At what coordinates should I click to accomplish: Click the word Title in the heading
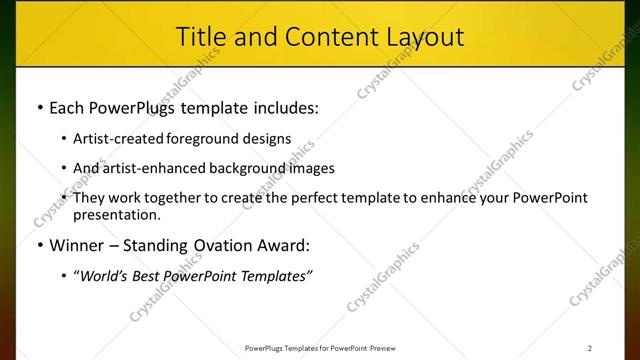(x=200, y=36)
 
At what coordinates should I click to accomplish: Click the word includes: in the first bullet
(x=283, y=106)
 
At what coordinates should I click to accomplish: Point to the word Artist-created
(x=120, y=139)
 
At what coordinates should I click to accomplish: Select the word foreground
(x=207, y=139)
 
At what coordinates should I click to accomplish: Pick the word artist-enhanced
(x=149, y=168)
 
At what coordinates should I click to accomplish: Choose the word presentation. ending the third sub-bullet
(x=116, y=214)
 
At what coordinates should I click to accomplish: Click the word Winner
(x=78, y=245)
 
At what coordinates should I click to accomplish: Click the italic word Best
(x=153, y=277)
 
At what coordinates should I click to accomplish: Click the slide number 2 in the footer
(x=590, y=348)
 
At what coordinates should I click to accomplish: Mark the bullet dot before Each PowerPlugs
(x=39, y=107)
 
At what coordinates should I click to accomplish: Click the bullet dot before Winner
(x=39, y=246)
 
